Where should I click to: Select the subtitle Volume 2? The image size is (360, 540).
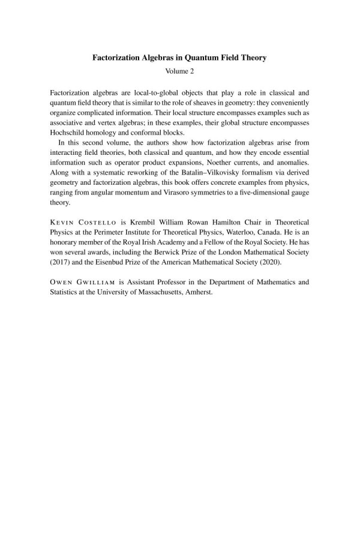click(179, 71)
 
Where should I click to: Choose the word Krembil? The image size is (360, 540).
click(147, 220)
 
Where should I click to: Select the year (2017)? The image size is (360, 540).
click(63, 259)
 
